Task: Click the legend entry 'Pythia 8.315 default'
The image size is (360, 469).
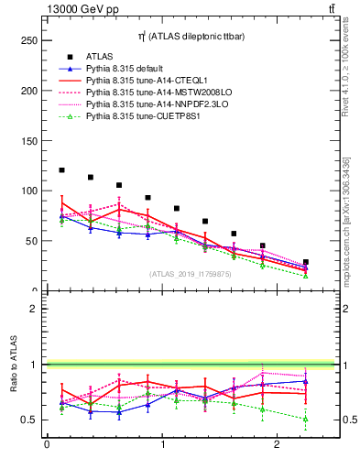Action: point(129,69)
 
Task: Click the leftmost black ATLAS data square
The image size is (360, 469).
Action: point(61,170)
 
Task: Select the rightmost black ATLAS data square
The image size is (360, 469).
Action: point(306,262)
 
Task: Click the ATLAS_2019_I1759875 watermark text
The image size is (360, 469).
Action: point(191,274)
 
